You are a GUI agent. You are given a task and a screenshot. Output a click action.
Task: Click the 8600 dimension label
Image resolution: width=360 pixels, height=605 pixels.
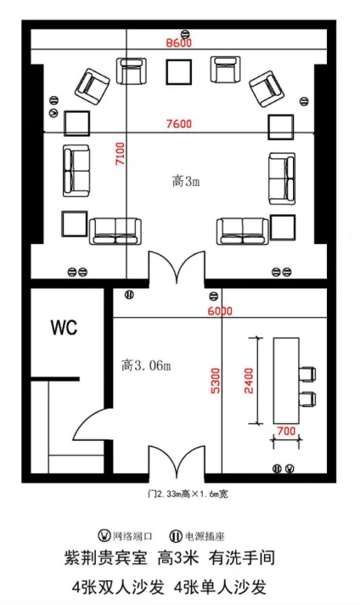[x=179, y=42]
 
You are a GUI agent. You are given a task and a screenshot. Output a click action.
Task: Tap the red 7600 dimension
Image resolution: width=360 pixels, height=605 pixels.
[x=179, y=124]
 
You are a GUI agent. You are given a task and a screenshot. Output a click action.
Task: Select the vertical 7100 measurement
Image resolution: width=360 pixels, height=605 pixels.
[x=121, y=154]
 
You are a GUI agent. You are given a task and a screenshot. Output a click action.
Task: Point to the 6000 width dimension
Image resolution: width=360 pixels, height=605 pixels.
[x=220, y=311]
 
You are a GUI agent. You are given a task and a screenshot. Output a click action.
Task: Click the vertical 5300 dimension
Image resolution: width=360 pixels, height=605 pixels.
[x=216, y=382]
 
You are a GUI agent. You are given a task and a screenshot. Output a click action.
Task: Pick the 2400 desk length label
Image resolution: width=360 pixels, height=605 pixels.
[x=249, y=381]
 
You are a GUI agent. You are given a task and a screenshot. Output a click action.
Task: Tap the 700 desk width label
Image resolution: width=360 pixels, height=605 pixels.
[x=286, y=431]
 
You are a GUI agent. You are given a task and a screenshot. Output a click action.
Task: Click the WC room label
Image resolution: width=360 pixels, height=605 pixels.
[x=64, y=328]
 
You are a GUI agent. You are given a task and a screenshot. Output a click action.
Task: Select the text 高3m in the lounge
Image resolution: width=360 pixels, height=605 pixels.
[x=186, y=181]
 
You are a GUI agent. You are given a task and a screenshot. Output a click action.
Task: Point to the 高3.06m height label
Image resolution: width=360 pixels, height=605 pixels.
[x=146, y=365]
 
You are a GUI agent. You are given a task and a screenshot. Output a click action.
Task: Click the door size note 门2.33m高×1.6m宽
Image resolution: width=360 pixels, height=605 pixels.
[x=188, y=494]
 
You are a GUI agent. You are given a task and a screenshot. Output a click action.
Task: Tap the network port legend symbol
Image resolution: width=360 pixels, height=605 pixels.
[x=104, y=536]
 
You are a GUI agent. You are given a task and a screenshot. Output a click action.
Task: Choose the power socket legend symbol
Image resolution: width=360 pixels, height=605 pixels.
[x=176, y=536]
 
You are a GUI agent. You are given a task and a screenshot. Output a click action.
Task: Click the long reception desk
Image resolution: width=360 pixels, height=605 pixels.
[x=286, y=381]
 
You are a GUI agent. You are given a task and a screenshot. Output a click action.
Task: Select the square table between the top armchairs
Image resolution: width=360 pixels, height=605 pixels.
[x=179, y=71]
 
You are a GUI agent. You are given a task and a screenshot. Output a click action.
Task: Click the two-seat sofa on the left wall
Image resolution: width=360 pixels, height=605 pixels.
[x=76, y=171]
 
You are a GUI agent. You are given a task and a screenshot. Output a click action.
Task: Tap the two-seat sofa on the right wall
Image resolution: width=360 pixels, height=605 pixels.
[x=283, y=178]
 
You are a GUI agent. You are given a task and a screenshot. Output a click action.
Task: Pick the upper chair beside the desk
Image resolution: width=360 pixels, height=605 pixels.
[x=307, y=374]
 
